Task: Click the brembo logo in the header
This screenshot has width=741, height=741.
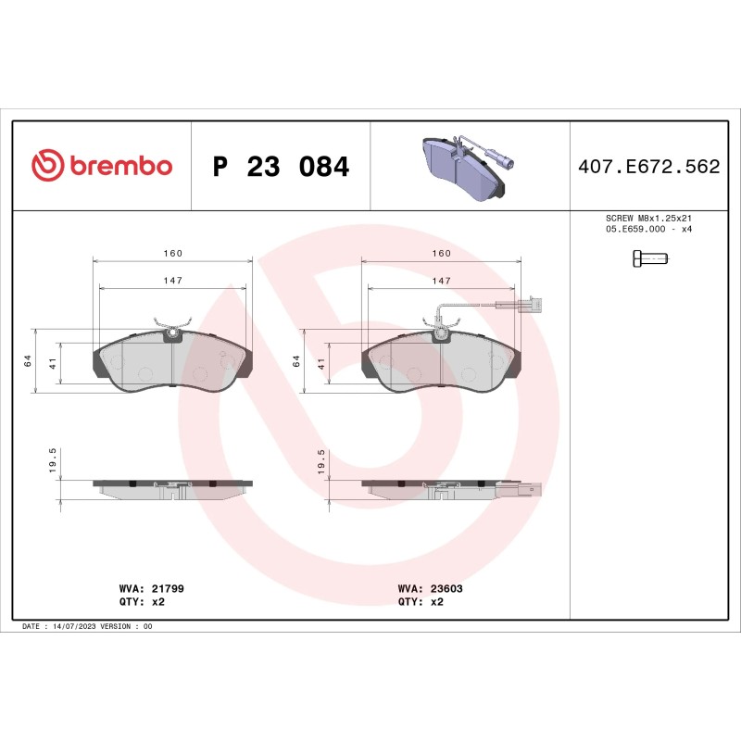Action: pyautogui.click(x=102, y=166)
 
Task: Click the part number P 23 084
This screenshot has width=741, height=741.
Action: pyautogui.click(x=281, y=167)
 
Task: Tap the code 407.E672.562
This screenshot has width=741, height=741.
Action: pyautogui.click(x=648, y=167)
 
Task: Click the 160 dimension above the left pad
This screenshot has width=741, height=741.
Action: pyautogui.click(x=173, y=253)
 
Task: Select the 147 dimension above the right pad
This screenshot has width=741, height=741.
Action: pyautogui.click(x=442, y=280)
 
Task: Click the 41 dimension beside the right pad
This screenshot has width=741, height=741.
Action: pyautogui.click(x=321, y=364)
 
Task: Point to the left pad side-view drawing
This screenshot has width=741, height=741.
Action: pyautogui.click(x=173, y=488)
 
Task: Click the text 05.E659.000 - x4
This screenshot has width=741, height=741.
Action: pyautogui.click(x=647, y=228)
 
